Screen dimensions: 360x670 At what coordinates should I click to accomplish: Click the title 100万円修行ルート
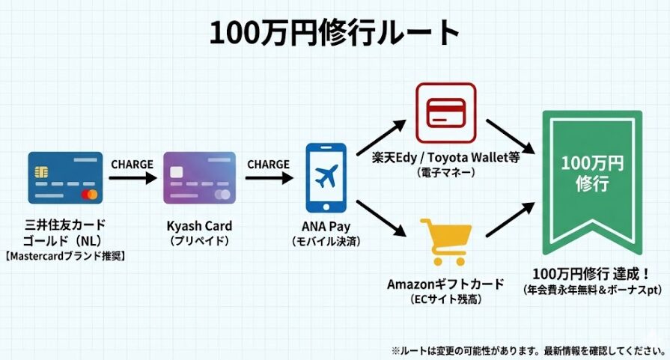(x=335, y=32)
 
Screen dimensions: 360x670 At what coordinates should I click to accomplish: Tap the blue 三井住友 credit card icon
(x=64, y=178)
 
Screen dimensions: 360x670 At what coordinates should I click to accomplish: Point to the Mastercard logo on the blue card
(x=91, y=195)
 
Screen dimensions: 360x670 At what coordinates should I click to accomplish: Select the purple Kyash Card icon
(x=199, y=178)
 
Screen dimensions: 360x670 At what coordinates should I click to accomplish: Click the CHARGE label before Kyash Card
(x=132, y=164)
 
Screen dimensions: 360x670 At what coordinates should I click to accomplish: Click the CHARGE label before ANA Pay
(x=267, y=164)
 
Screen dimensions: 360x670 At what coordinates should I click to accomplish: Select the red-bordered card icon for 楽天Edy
(x=445, y=112)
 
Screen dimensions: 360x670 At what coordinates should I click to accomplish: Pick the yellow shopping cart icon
(x=445, y=240)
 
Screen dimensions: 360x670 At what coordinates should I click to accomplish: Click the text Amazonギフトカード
(x=445, y=284)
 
